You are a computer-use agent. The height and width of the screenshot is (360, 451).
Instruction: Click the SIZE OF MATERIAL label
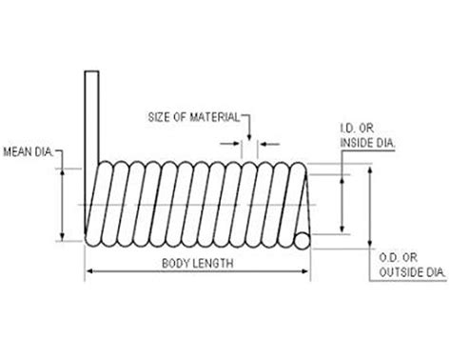pyautogui.click(x=193, y=117)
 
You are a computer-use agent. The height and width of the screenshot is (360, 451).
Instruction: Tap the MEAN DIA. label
pyautogui.click(x=28, y=151)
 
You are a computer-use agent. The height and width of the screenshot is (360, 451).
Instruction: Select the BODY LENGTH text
pyautogui.click(x=198, y=264)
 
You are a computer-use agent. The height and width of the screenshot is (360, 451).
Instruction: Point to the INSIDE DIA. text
pyautogui.click(x=367, y=143)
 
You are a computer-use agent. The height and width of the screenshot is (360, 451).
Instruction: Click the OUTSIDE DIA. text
pyautogui.click(x=413, y=272)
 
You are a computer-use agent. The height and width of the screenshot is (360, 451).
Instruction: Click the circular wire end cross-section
pyautogui.click(x=303, y=241)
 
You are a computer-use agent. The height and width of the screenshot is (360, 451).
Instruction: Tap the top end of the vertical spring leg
pyautogui.click(x=91, y=71)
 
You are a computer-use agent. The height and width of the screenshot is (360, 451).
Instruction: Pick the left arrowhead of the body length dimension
pyautogui.click(x=89, y=271)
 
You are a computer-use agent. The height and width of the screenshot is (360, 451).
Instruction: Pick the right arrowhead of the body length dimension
pyautogui.click(x=304, y=271)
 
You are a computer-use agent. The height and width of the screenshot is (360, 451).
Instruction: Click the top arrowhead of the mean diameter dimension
pyautogui.click(x=63, y=171)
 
